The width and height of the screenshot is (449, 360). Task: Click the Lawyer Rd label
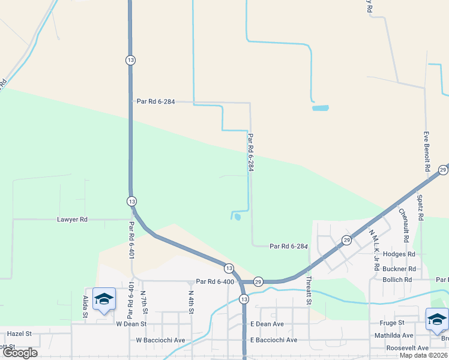[x=73, y=220]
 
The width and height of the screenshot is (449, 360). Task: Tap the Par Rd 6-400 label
[x=214, y=281]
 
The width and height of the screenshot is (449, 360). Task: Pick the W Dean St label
[x=131, y=324]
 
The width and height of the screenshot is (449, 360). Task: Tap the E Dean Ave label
[x=267, y=324]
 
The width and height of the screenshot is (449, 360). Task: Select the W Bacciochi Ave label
[x=161, y=340]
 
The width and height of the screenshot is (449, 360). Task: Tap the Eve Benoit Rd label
[x=427, y=151]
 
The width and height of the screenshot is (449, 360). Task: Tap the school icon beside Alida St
[x=104, y=301]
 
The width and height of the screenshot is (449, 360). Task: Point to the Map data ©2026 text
[x=423, y=355]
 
